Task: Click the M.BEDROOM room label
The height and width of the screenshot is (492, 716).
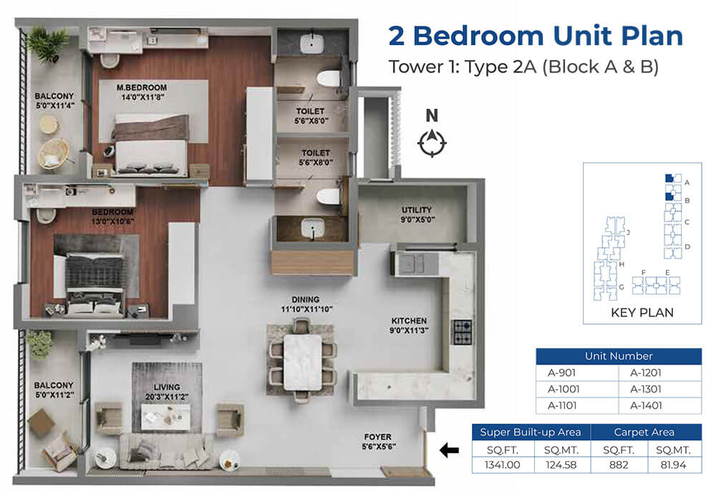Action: [x=142, y=87]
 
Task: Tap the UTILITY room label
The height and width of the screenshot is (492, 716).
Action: [x=417, y=210]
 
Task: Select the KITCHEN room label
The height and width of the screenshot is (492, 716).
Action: [x=409, y=321]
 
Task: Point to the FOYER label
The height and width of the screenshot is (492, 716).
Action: [x=377, y=437]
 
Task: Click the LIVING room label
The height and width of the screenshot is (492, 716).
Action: [x=167, y=387]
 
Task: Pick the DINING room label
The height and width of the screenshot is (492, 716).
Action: [x=306, y=299]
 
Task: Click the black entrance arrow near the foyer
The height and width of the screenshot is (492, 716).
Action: [x=450, y=450]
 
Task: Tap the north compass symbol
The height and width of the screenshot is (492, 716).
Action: [x=432, y=143]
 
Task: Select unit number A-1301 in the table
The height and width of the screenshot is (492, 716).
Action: [x=646, y=389]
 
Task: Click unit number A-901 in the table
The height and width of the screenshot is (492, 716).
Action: [x=561, y=372]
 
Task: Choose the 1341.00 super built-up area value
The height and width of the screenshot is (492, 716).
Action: [x=503, y=465]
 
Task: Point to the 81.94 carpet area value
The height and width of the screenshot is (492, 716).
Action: [x=673, y=465]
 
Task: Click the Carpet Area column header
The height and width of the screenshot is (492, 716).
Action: [x=644, y=432]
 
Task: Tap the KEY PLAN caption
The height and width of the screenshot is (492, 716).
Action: [x=642, y=312]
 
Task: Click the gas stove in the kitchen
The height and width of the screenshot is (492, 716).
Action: [x=462, y=332]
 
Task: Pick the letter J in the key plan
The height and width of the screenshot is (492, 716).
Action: [x=629, y=233]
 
